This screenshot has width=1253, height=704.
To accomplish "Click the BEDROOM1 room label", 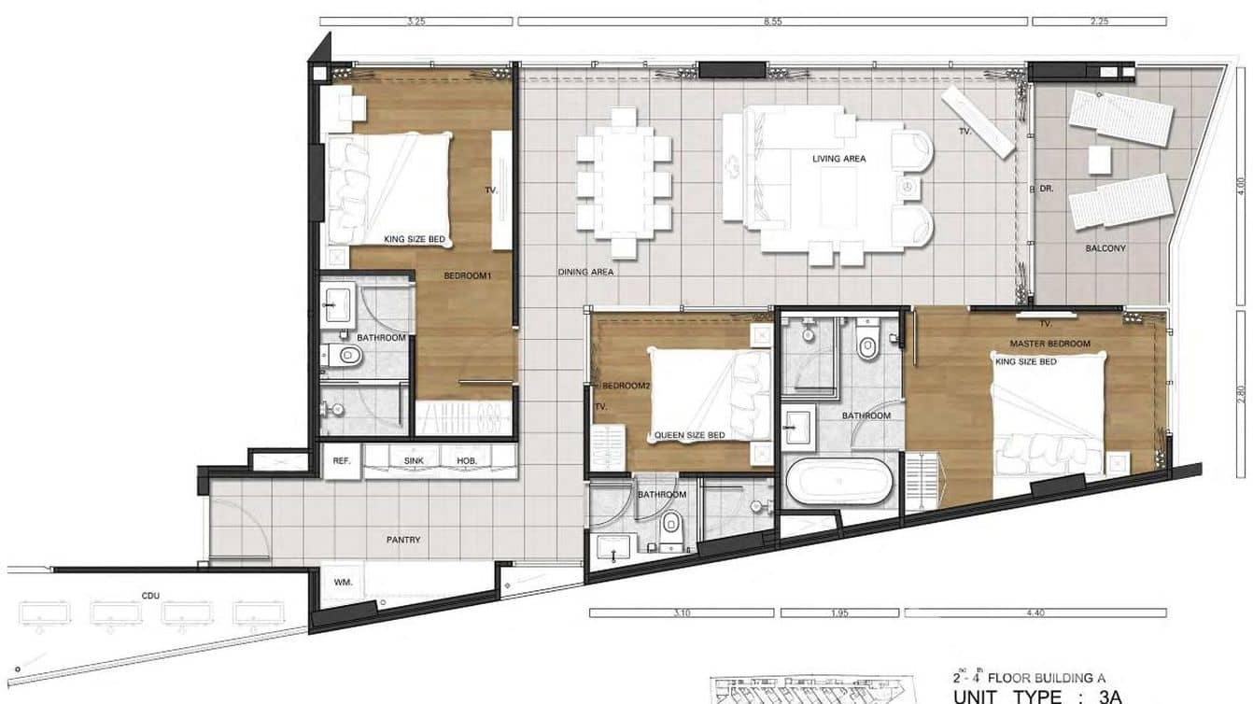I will tap(467, 276).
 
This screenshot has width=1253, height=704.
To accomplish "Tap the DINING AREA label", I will tap(585, 273).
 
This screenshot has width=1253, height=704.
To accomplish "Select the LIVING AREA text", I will tap(838, 159).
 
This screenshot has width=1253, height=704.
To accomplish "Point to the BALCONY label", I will tap(1105, 249).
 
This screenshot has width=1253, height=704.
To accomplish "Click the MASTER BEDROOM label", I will tap(1049, 345).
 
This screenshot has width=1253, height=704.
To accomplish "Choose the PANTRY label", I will tap(403, 540).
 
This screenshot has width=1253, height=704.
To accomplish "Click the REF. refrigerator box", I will tap(341, 461).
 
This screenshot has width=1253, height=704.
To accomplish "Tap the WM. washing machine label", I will tap(342, 583).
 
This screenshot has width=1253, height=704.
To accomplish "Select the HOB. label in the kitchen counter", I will tap(467, 461).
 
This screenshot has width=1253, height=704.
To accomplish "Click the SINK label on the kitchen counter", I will tap(414, 461).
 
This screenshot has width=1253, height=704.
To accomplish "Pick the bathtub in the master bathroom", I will tap(838, 482).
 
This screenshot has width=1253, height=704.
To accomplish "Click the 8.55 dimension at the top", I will tap(771, 21).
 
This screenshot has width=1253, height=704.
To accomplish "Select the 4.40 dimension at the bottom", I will tap(1035, 613).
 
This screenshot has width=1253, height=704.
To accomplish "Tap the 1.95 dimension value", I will tap(839, 613).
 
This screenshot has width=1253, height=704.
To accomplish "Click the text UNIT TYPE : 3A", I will tap(1036, 696).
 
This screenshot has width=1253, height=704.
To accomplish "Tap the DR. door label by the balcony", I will tap(1047, 189).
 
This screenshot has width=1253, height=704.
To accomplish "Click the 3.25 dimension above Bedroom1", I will tap(415, 21).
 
